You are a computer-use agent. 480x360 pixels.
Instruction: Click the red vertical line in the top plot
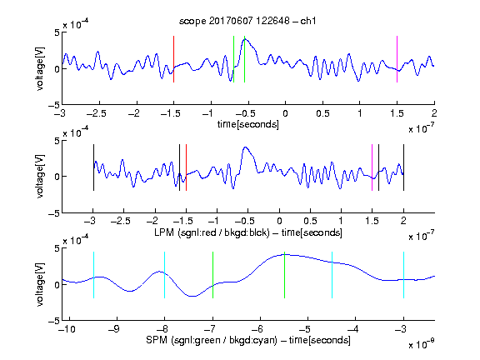174,59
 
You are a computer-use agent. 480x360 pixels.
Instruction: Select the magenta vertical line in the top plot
397,59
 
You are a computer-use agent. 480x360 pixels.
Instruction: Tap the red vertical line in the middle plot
186,167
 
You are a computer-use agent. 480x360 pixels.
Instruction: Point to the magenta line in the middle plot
372,167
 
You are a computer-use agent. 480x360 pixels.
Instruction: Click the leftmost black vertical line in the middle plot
93,167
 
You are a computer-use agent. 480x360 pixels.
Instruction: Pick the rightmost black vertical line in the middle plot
404,167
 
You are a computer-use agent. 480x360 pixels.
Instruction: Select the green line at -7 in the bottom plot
212,275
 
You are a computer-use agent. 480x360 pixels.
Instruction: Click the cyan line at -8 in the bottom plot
165,275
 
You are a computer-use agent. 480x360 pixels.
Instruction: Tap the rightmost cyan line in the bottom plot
404,275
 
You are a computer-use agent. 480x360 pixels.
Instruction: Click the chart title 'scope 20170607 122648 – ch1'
247,21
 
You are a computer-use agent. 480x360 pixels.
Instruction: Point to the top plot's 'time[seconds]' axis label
248,124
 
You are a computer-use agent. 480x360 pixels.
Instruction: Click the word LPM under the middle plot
164,232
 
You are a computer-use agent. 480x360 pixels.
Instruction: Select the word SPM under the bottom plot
156,340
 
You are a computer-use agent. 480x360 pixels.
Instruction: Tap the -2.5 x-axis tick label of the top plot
97,113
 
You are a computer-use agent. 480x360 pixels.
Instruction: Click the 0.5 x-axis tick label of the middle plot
310,221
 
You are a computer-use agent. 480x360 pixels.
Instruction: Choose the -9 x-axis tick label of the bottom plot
114,329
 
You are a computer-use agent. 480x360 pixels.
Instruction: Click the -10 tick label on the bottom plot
67,329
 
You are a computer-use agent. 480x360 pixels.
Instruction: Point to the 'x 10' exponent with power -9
421,343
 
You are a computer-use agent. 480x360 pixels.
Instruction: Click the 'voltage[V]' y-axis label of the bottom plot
40,284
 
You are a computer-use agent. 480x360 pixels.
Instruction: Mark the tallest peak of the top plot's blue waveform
246,39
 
